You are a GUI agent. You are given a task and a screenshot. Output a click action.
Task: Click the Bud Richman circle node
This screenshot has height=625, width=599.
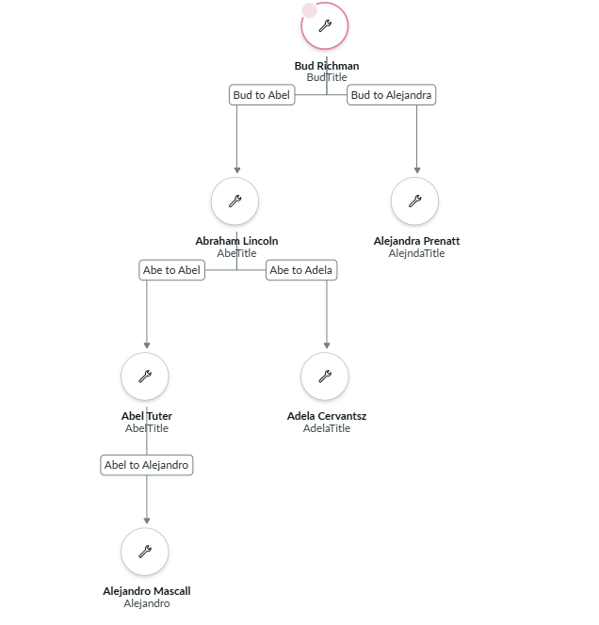coord(325,26)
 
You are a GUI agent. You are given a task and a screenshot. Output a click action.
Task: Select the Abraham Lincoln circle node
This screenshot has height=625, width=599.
coord(235,200)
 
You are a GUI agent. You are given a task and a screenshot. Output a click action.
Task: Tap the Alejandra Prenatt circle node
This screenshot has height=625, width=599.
coord(415,200)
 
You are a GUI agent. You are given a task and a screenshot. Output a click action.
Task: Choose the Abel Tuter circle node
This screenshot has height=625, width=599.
coord(145,377)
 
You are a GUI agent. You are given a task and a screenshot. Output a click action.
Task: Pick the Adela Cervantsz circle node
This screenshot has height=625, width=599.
coord(325,377)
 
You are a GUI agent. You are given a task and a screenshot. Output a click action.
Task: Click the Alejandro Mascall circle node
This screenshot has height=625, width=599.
coord(145,552)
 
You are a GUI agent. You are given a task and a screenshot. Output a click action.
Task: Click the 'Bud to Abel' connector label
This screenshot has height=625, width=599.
coord(263,95)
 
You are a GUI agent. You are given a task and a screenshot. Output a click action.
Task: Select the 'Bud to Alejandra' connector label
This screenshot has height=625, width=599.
coord(391,95)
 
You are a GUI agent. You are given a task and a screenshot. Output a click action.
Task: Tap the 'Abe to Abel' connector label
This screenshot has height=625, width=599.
coord(171,270)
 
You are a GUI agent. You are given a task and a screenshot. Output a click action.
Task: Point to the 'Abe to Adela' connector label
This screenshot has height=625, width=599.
coord(300,270)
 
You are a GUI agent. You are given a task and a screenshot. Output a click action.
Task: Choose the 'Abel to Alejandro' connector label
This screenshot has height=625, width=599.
coord(147,465)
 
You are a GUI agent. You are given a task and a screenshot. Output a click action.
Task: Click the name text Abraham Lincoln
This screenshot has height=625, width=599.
coord(236,241)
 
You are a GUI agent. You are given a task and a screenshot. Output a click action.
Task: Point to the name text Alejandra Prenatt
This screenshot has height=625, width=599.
coord(416,241)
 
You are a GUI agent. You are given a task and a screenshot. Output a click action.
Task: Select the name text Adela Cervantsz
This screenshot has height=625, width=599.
coord(327,416)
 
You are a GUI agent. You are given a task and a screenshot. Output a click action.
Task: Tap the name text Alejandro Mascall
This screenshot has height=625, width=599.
coord(147,591)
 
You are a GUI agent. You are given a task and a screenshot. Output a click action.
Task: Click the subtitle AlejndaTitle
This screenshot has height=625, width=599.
coord(416,253)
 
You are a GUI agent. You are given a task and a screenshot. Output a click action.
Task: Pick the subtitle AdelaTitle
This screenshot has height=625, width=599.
coord(327,428)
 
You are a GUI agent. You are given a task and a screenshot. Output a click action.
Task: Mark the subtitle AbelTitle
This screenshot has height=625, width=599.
coord(147,428)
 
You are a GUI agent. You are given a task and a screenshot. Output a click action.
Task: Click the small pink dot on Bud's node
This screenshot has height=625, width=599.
coord(309,10)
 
